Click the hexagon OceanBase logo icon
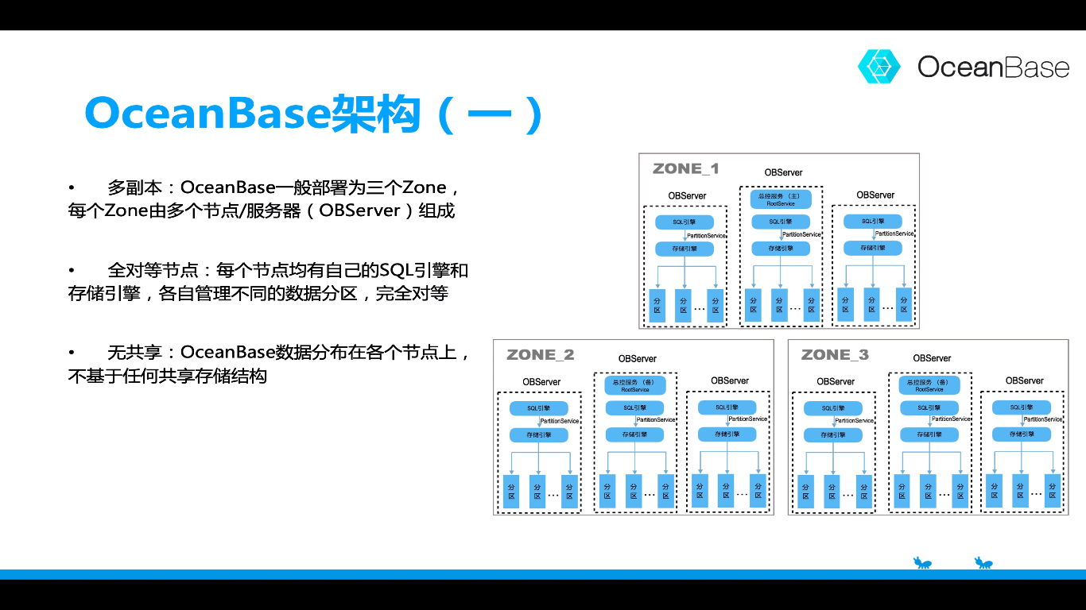pyautogui.click(x=878, y=66)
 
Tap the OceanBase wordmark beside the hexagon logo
pyautogui.click(x=993, y=67)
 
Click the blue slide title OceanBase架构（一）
pyautogui.click(x=315, y=114)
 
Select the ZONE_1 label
pyautogui.click(x=686, y=168)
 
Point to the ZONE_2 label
pyautogui.click(x=541, y=354)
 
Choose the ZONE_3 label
pyautogui.click(x=835, y=354)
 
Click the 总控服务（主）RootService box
pyautogui.click(x=781, y=199)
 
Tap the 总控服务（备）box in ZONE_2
pyautogui.click(x=635, y=386)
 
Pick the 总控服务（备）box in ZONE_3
pyautogui.click(x=929, y=386)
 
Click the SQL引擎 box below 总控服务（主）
pyautogui.click(x=781, y=222)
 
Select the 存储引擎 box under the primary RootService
pyautogui.click(x=781, y=249)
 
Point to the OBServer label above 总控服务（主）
pyautogui.click(x=783, y=172)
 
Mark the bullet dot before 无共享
pyautogui.click(x=72, y=352)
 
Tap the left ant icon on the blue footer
pyautogui.click(x=922, y=564)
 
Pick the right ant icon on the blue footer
pyautogui.click(x=984, y=564)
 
